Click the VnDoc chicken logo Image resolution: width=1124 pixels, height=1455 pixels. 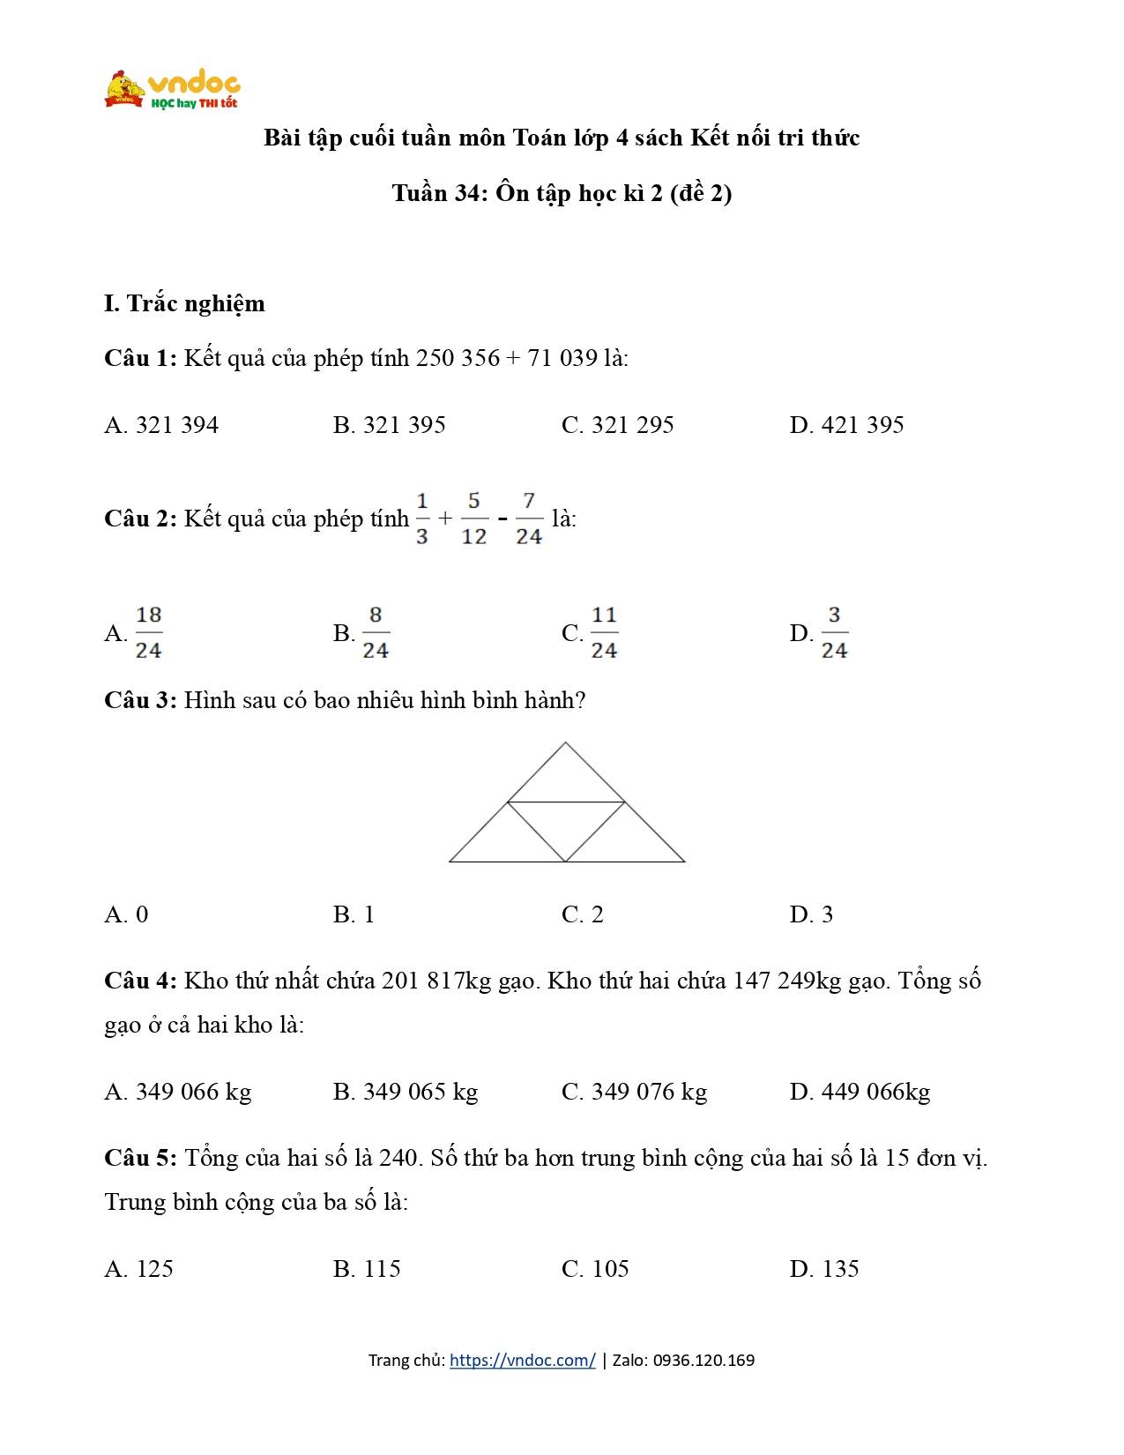coord(125,88)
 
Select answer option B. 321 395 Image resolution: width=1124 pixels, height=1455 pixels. coord(389,425)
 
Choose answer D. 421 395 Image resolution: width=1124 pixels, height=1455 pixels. coord(846,425)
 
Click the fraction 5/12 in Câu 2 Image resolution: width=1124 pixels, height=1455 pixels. coord(473,519)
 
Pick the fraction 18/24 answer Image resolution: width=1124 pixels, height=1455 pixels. coord(148,632)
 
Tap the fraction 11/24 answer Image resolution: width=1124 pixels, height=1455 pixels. coord(603,632)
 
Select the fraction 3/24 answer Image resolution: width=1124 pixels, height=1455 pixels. coord(833,632)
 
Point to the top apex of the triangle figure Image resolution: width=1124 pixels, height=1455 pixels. coord(565,744)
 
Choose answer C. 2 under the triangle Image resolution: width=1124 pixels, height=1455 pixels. coord(582,914)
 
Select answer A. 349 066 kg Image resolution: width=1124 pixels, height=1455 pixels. coord(177,1092)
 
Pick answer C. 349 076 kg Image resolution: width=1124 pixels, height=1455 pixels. coord(634,1092)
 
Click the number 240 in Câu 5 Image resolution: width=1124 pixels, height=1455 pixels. coord(398,1158)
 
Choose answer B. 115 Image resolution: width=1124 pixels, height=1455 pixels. coord(367,1269)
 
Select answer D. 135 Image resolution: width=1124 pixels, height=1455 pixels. coord(823,1269)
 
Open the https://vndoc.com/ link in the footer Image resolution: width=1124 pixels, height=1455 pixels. coord(522,1360)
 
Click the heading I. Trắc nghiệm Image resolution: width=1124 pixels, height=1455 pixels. coord(184,303)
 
